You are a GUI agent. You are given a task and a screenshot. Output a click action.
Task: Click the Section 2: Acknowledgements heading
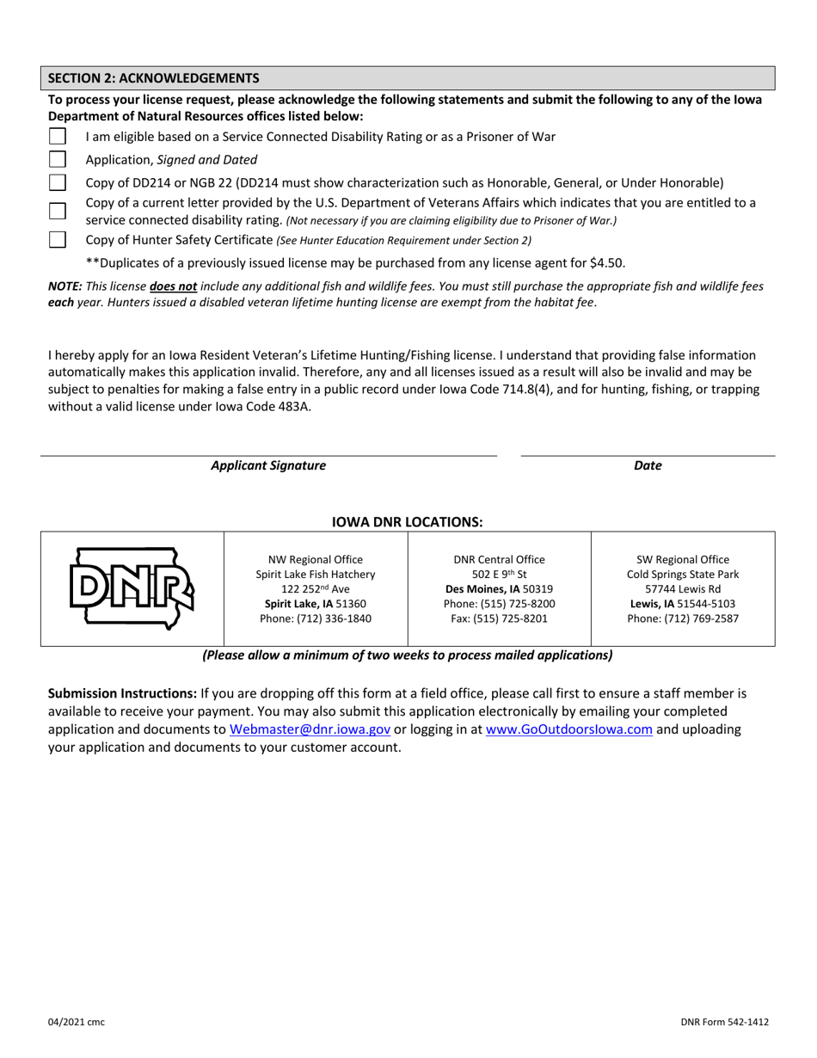(x=153, y=77)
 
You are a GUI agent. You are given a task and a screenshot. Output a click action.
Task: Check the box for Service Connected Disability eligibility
(x=57, y=137)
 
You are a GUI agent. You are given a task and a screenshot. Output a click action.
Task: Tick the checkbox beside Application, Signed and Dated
(x=57, y=159)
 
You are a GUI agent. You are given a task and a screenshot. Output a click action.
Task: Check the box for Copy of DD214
(x=57, y=182)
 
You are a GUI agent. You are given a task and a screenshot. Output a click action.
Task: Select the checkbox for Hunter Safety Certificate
(x=57, y=239)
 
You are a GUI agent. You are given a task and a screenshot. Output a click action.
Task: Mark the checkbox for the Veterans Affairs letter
(x=57, y=212)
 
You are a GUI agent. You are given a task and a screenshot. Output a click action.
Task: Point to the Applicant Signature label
(x=268, y=465)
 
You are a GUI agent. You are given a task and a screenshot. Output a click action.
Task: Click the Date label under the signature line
(x=648, y=465)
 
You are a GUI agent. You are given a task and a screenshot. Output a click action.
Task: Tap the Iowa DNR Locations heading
(x=408, y=522)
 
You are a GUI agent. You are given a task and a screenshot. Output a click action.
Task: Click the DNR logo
(x=132, y=588)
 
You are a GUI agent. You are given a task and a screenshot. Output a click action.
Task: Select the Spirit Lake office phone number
(x=316, y=618)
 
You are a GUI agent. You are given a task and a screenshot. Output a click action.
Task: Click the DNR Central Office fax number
(x=499, y=618)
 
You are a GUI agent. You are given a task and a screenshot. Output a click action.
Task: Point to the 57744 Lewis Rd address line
(x=683, y=589)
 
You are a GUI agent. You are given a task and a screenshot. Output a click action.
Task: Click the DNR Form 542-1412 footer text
(x=723, y=1022)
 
